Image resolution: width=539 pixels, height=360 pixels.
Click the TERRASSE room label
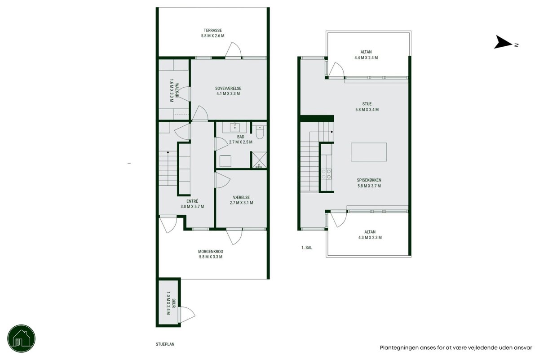(x=213, y=31)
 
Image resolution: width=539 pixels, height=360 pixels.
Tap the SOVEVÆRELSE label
(x=228, y=89)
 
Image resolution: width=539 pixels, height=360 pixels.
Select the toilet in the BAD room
(x=260, y=133)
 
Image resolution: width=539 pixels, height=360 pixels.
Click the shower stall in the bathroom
(x=259, y=160)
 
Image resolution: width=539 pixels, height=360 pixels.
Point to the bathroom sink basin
(x=234, y=127)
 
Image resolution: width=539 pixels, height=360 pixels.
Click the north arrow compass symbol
(x=503, y=42)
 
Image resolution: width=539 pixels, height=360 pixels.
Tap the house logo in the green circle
(x=21, y=338)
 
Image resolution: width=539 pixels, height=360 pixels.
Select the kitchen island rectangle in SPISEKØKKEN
(x=369, y=152)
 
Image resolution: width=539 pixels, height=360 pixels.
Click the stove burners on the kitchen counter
(x=326, y=174)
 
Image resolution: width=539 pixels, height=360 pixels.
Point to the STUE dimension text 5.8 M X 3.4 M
(x=367, y=110)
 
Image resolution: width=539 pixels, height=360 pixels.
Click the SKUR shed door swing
(x=187, y=314)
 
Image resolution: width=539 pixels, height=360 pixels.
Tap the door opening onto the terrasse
(x=233, y=50)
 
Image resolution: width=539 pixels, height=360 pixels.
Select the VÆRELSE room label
(x=241, y=197)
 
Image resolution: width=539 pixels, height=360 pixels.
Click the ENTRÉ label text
(x=192, y=201)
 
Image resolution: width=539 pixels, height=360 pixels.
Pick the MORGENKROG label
(x=211, y=251)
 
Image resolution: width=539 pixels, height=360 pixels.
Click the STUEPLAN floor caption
(x=165, y=344)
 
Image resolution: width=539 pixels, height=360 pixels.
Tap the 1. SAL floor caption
(x=307, y=247)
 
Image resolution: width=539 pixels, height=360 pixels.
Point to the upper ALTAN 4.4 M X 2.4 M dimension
(x=366, y=58)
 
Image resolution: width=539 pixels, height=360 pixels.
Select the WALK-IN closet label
(x=177, y=90)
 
